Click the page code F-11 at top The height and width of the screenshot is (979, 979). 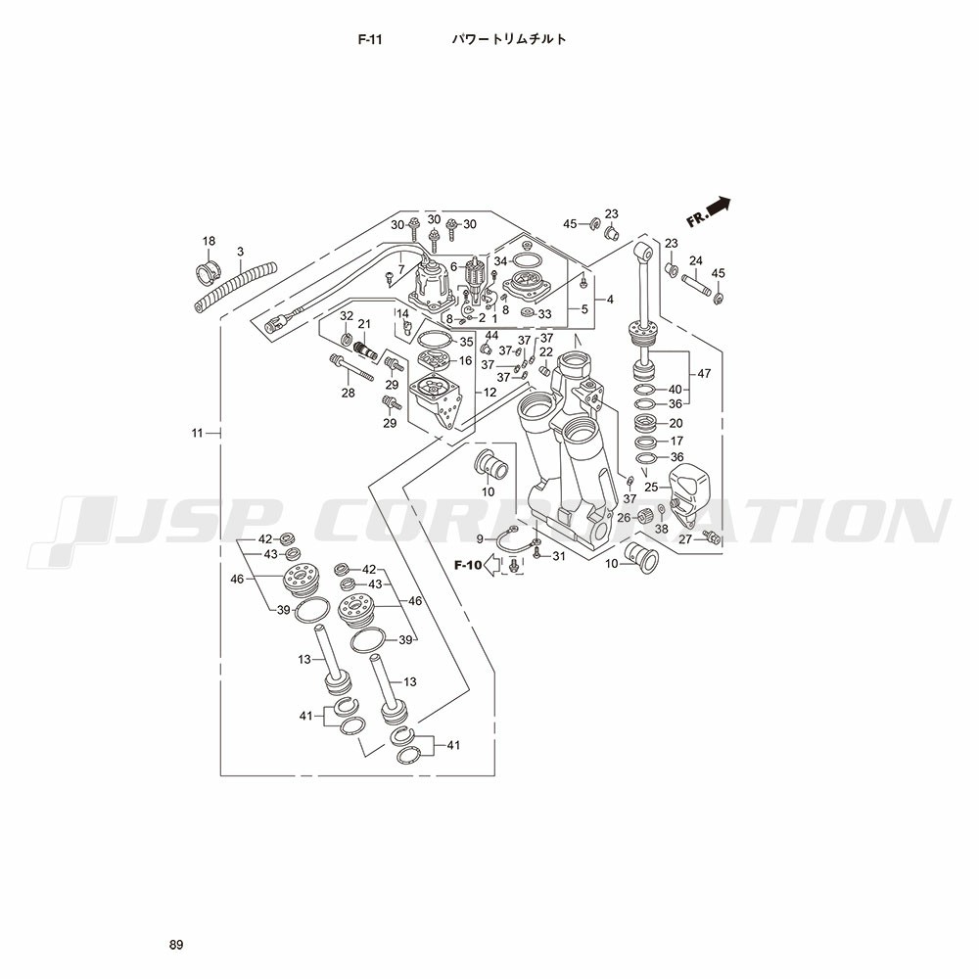click(x=369, y=40)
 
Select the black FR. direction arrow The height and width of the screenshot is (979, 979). click(x=718, y=206)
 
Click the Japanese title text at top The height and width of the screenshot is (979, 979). click(x=508, y=40)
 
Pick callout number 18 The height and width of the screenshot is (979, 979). click(x=209, y=241)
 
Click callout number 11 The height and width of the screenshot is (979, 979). click(x=197, y=432)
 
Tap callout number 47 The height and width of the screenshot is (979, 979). click(x=703, y=374)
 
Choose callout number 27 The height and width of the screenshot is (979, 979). click(x=685, y=538)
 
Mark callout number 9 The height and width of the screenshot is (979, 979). click(x=481, y=538)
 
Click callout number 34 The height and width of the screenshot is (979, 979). click(x=500, y=261)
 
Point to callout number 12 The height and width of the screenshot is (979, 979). click(x=490, y=393)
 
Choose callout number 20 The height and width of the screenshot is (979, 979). click(x=675, y=423)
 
